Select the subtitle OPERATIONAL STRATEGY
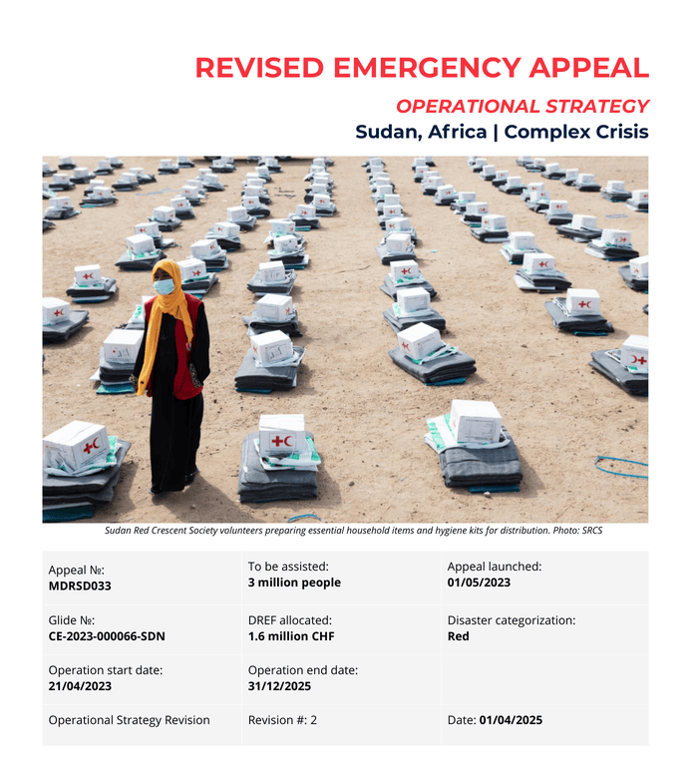pyautogui.click(x=522, y=106)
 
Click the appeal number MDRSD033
pyautogui.click(x=80, y=586)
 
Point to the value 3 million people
pyautogui.click(x=294, y=583)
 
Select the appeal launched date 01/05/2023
pyautogui.click(x=479, y=583)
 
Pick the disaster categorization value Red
pyautogui.click(x=459, y=636)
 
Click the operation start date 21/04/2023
pyautogui.click(x=80, y=686)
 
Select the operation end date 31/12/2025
pyautogui.click(x=279, y=686)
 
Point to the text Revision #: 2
pyautogui.click(x=282, y=720)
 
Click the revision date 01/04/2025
pyautogui.click(x=511, y=720)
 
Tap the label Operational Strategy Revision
pyautogui.click(x=129, y=720)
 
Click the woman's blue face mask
pyautogui.click(x=164, y=287)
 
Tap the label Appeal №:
pyautogui.click(x=75, y=570)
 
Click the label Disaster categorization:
pyautogui.click(x=511, y=620)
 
